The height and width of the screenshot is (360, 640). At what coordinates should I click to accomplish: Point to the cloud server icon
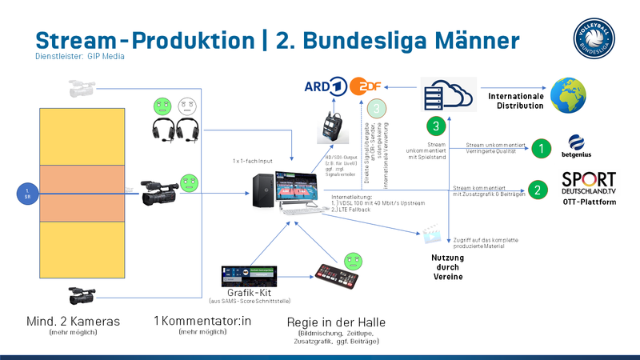coord(448,98)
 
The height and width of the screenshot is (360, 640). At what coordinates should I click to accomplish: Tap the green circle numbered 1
coord(542,148)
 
